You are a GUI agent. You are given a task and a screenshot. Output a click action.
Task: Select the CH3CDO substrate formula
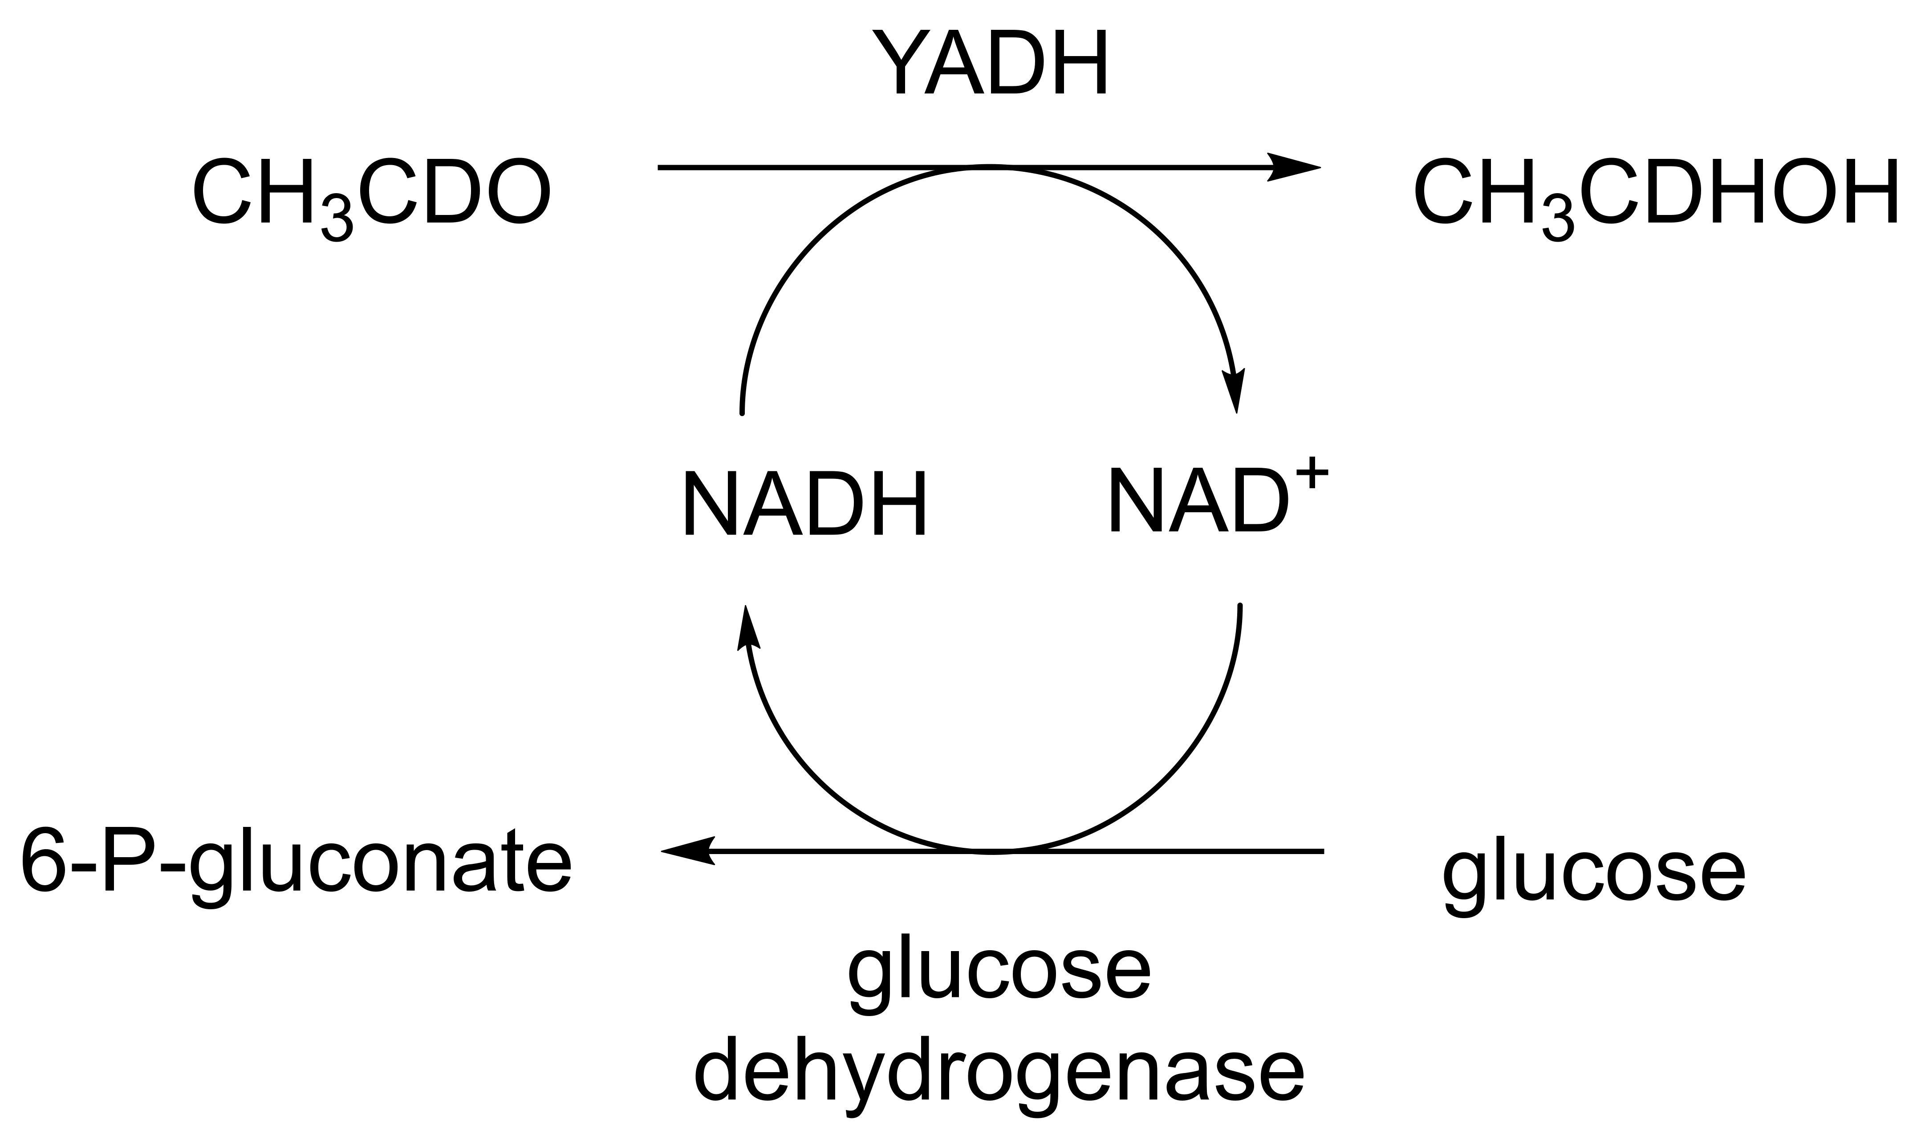(371, 192)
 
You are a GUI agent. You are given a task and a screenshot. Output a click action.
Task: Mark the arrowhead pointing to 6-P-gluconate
(686, 851)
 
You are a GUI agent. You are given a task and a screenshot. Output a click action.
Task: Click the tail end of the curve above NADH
(742, 413)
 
